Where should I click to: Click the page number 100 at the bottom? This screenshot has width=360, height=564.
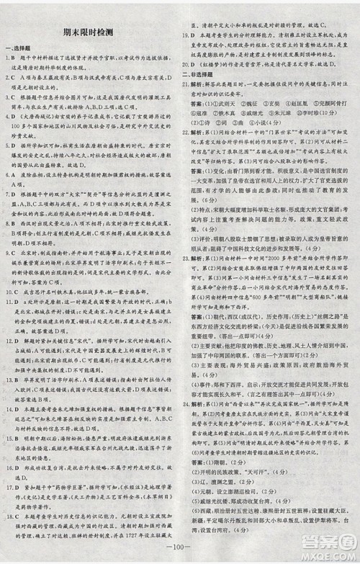coord(177,553)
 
